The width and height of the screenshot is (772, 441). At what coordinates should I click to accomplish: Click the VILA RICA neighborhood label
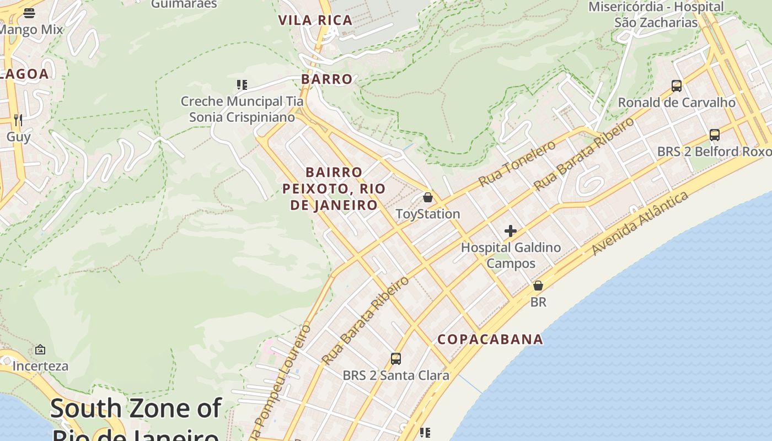(315, 20)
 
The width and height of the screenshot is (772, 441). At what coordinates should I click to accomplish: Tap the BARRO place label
(327, 79)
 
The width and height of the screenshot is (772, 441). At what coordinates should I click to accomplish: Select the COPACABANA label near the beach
(490, 339)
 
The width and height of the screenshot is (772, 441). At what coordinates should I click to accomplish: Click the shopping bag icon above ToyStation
(427, 197)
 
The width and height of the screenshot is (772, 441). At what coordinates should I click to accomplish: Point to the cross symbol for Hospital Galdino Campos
(511, 231)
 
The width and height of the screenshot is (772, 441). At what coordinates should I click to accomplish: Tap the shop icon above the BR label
(538, 286)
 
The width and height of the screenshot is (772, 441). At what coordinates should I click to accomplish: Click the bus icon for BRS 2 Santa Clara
(395, 359)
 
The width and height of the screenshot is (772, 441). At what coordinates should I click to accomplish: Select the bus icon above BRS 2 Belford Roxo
(715, 135)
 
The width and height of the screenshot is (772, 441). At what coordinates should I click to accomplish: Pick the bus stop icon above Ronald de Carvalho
(677, 86)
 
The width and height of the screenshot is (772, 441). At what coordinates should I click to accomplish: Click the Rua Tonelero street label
(517, 164)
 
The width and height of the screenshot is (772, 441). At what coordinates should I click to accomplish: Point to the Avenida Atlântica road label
(640, 223)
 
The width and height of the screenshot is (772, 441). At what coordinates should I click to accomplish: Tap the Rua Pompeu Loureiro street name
(281, 380)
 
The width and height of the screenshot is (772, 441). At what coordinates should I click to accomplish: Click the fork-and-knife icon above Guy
(18, 120)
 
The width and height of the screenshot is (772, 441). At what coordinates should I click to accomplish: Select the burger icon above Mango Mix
(29, 13)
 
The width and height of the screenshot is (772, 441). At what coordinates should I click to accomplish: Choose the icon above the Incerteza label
(40, 349)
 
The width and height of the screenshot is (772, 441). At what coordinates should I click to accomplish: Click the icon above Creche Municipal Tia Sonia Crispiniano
(242, 85)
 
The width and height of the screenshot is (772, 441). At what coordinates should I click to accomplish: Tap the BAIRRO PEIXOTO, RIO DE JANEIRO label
(334, 189)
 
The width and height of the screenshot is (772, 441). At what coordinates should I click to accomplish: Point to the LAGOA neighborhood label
(25, 74)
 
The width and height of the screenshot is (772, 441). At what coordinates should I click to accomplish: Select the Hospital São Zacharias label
(656, 15)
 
